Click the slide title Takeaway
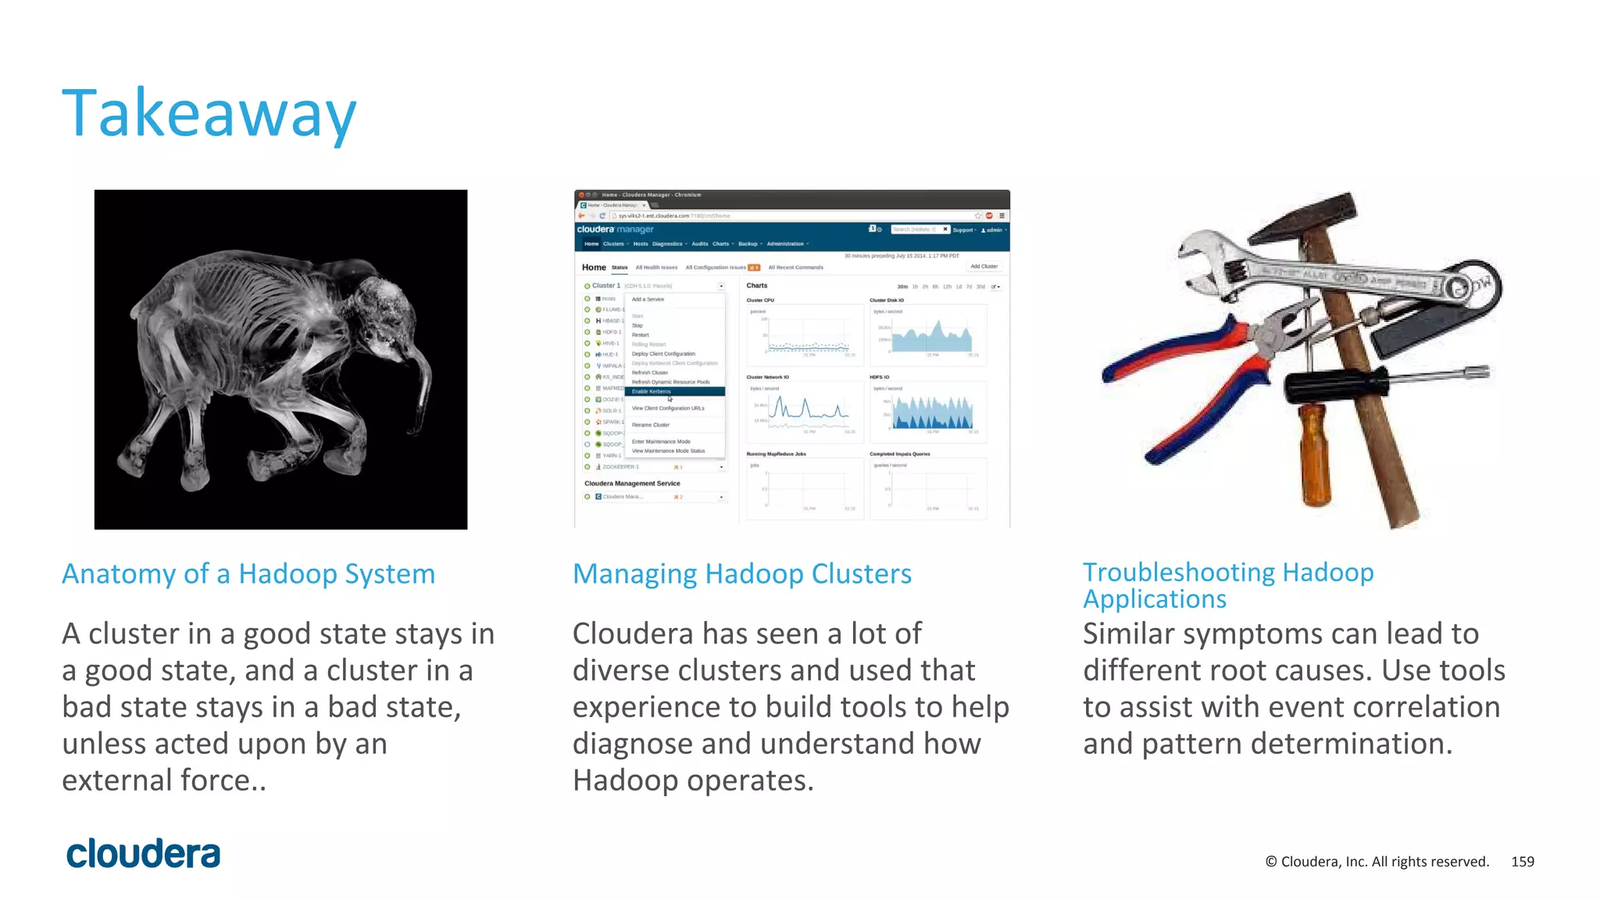[209, 114]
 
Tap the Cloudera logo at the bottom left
[143, 854]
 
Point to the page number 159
[1522, 862]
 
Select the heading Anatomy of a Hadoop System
[248, 574]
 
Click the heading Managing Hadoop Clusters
[741, 574]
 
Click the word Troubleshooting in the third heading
[1178, 572]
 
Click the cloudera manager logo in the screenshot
[615, 230]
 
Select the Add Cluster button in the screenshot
[984, 266]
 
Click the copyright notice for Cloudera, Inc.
[1377, 862]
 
